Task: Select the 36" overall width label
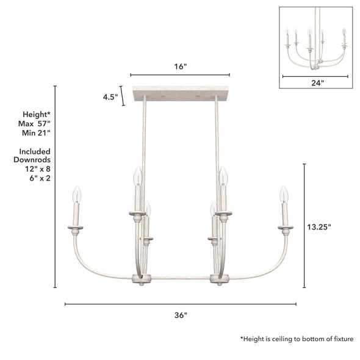click(x=180, y=315)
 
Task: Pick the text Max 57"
click(x=35, y=123)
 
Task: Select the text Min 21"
click(x=35, y=132)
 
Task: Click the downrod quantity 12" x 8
click(x=35, y=169)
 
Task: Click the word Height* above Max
click(x=36, y=114)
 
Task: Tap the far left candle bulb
click(x=77, y=195)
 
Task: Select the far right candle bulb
click(x=283, y=195)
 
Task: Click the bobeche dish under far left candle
click(x=76, y=228)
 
